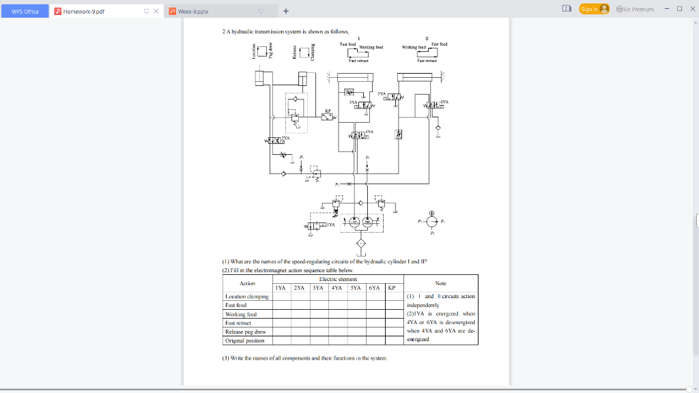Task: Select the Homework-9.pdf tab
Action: point(84,12)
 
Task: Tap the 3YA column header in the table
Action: point(317,288)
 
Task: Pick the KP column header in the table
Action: point(391,288)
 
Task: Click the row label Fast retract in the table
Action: point(240,323)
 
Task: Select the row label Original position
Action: point(244,340)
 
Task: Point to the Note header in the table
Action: point(440,283)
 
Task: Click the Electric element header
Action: point(338,279)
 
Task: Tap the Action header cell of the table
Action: point(247,283)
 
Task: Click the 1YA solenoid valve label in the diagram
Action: point(330,224)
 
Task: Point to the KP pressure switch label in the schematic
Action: point(328,110)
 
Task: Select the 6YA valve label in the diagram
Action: point(444,101)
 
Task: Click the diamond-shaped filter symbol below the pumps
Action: point(361,244)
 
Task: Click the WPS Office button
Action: point(24,12)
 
